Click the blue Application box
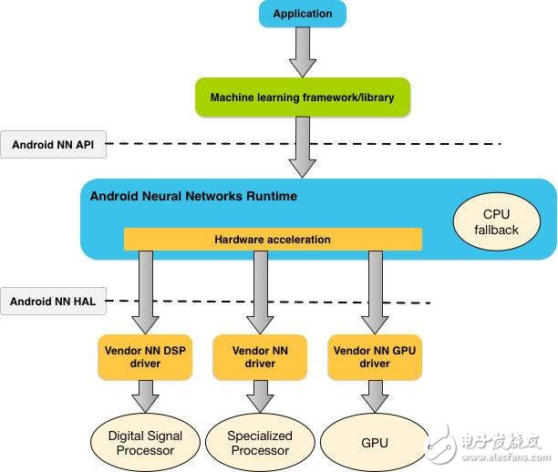coord(303,14)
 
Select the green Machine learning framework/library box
coord(303,97)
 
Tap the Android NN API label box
coord(54,144)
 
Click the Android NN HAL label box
coord(54,302)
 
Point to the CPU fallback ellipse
coord(496,221)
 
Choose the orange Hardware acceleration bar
coord(273,240)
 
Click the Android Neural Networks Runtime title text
coord(193,196)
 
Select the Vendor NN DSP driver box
coord(145,357)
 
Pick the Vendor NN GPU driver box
coord(375,357)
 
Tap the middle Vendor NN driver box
coord(260,357)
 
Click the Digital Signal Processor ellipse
coord(145,443)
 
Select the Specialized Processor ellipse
coord(260,443)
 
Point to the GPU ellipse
coord(375,443)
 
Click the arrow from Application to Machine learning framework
coord(303,52)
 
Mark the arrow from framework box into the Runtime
coord(303,148)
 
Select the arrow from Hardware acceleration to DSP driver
coord(145,292)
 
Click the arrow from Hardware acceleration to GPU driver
coord(375,292)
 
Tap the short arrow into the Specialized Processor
coord(260,396)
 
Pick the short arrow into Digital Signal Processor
coord(145,396)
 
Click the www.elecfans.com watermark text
coord(506,457)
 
